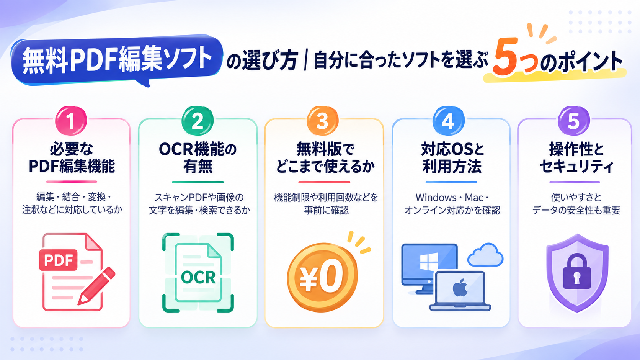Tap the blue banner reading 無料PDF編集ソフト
pyautogui.click(x=117, y=60)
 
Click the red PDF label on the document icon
pyautogui.click(x=58, y=260)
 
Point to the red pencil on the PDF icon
pyautogui.click(x=96, y=286)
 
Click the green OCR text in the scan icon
pyautogui.click(x=198, y=277)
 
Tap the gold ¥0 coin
pyautogui.click(x=322, y=277)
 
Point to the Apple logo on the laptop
pyautogui.click(x=460, y=288)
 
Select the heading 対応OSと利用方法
pyautogui.click(x=452, y=158)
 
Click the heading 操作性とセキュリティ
pyautogui.click(x=576, y=158)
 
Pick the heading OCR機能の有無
pyautogui.click(x=198, y=158)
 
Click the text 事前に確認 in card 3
pyautogui.click(x=326, y=211)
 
